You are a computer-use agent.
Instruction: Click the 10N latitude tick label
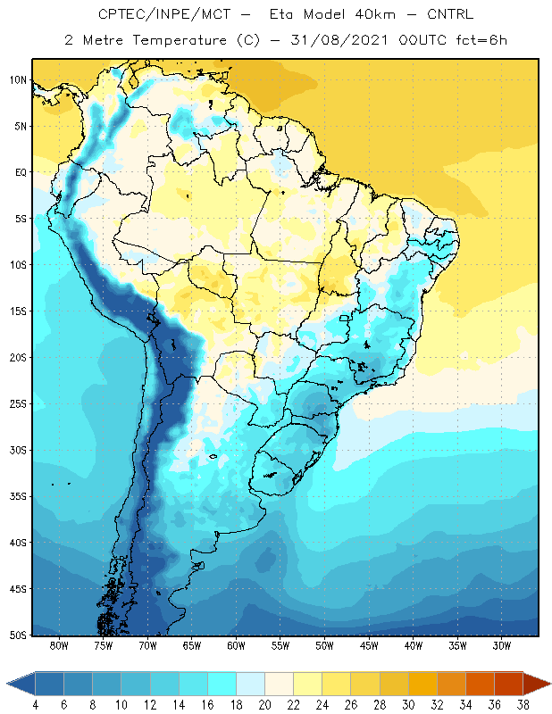click(x=19, y=79)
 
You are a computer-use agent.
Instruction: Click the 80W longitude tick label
click(x=60, y=646)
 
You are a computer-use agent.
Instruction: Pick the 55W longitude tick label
click(x=280, y=646)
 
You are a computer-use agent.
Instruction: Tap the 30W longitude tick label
click(x=500, y=646)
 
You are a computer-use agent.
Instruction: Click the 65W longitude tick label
click(x=192, y=646)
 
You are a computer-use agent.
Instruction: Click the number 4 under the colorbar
click(x=36, y=705)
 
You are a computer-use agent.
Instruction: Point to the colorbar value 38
click(x=523, y=705)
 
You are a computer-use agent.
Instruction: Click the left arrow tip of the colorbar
click(x=9, y=684)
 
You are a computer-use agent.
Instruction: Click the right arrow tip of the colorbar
click(x=549, y=684)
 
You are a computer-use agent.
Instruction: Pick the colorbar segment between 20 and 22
click(x=280, y=684)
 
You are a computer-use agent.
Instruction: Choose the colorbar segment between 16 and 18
click(x=222, y=684)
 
